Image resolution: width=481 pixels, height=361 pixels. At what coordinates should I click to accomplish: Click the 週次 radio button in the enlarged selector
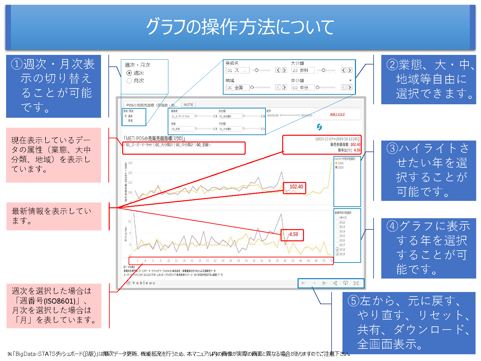(129, 73)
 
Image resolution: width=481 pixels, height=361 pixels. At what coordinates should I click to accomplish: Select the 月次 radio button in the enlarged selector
(129, 81)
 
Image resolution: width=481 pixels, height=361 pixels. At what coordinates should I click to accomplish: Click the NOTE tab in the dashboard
(188, 105)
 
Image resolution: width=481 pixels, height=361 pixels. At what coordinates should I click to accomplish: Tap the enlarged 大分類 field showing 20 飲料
(302, 70)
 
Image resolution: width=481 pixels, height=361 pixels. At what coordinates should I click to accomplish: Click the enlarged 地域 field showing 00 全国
(237, 87)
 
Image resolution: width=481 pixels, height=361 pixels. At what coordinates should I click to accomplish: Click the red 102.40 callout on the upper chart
(296, 187)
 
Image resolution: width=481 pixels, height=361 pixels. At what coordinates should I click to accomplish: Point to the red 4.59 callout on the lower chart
(293, 234)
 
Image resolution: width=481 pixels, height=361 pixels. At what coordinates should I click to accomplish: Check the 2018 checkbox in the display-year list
(337, 249)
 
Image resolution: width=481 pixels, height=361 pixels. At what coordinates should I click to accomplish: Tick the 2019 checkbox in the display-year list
(337, 254)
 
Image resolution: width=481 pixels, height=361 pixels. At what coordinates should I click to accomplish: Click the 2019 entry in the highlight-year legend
(340, 167)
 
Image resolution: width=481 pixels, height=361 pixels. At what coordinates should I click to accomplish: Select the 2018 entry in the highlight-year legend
(340, 163)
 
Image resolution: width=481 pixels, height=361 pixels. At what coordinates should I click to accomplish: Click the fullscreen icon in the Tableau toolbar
(356, 283)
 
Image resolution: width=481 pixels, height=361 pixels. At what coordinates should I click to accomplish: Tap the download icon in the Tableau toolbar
(345, 283)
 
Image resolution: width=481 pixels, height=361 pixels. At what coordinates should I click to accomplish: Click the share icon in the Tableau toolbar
(335, 283)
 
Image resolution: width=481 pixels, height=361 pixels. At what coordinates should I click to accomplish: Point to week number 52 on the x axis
(332, 261)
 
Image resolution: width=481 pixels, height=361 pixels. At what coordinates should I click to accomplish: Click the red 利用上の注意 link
(337, 115)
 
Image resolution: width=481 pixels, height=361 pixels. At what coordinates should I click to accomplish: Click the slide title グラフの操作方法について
(240, 27)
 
